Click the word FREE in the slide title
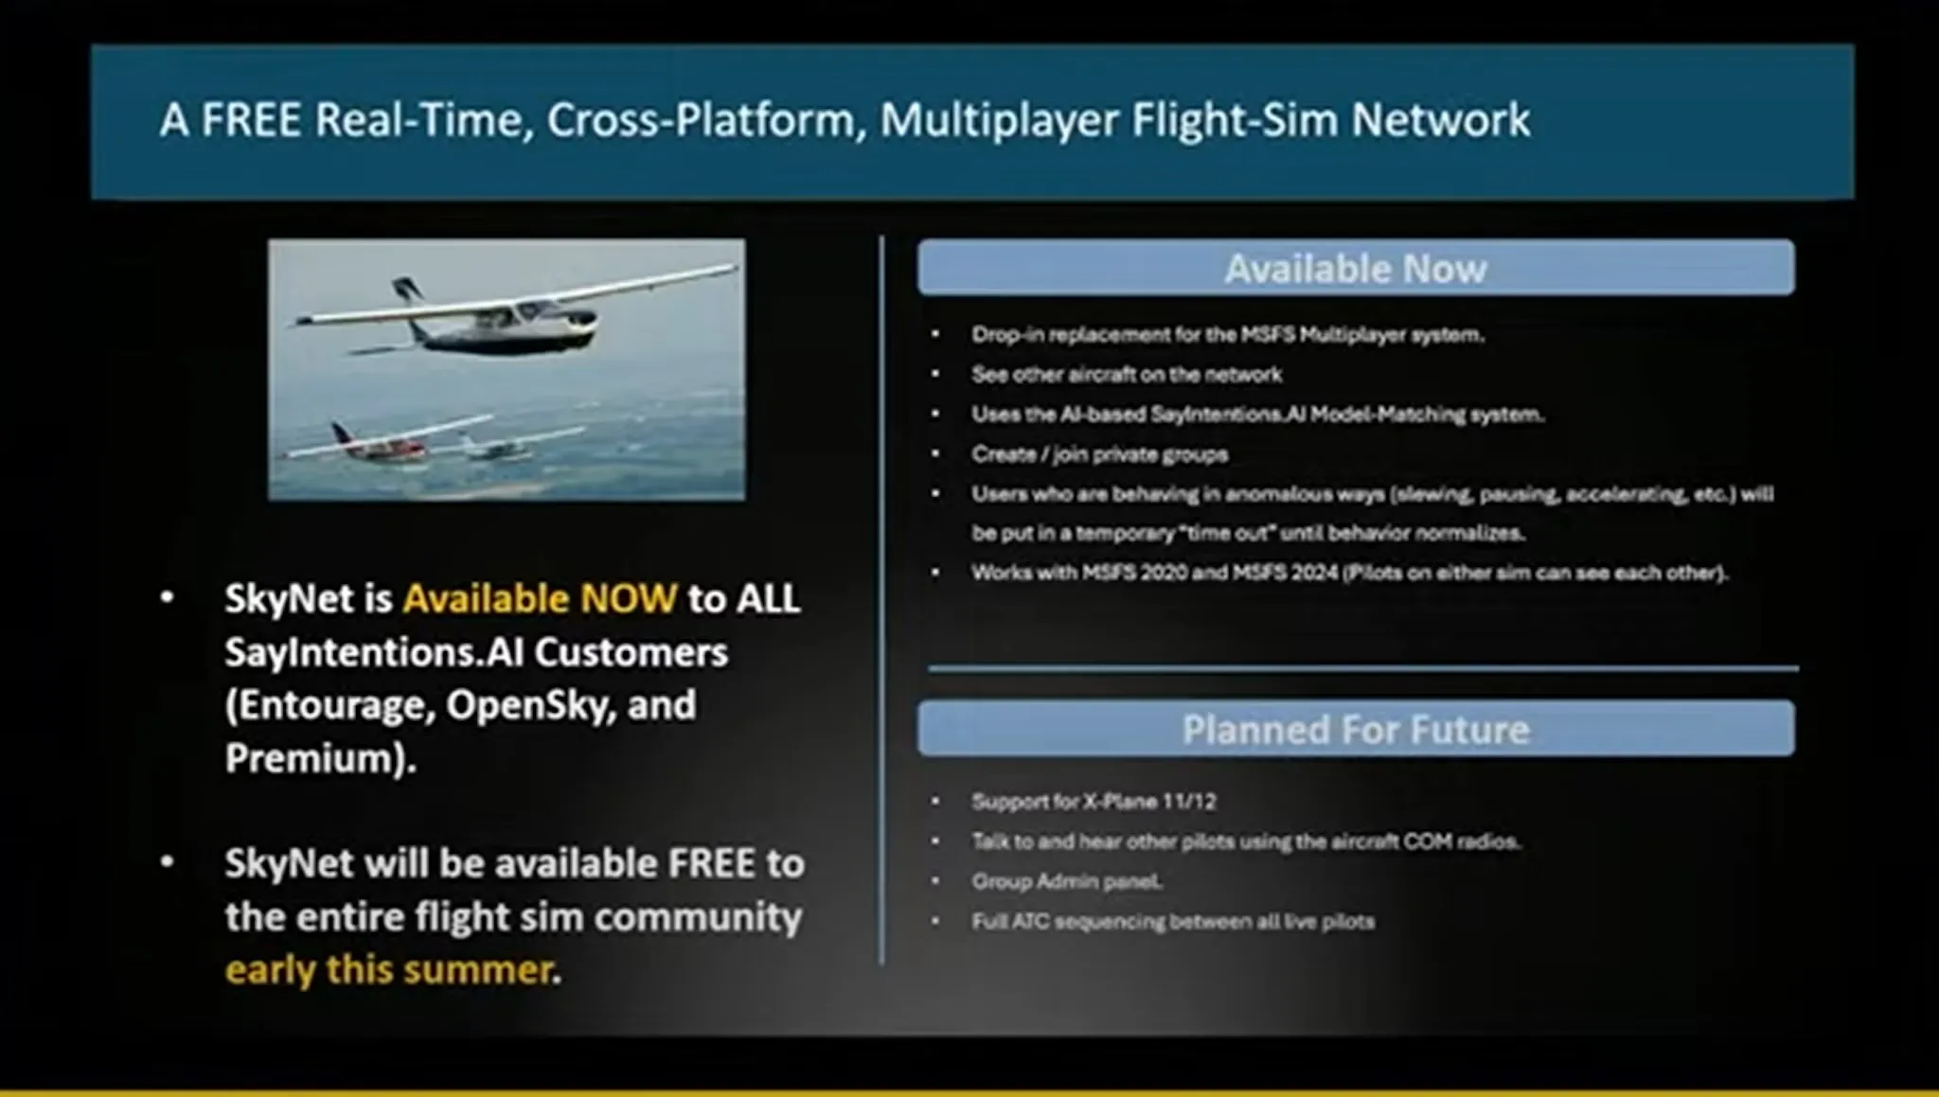(251, 120)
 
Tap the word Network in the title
(1440, 120)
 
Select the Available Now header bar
(1355, 268)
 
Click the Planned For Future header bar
(1355, 729)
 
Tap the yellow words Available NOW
(540, 598)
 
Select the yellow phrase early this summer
(389, 970)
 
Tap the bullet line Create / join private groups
(1099, 454)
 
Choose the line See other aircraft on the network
(1127, 375)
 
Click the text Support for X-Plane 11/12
(1094, 802)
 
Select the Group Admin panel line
(1066, 881)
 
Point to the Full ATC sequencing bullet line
(1173, 921)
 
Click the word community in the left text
(698, 917)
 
